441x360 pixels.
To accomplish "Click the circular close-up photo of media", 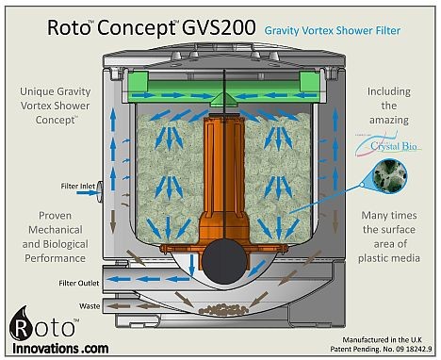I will (x=385, y=179).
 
